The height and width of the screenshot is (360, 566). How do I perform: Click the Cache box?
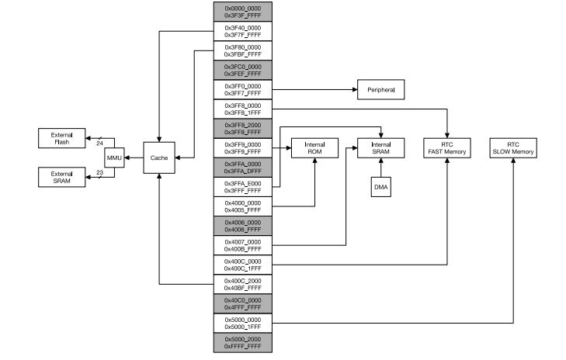tap(158, 157)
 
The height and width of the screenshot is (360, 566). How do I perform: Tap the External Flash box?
tap(61, 138)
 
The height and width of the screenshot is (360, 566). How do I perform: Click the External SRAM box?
tap(61, 177)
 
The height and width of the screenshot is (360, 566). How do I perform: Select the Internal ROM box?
tap(314, 147)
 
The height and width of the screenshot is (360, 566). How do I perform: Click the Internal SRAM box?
tap(381, 147)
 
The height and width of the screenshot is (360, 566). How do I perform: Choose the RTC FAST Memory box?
tap(448, 147)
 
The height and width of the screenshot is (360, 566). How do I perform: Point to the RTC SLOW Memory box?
tap(513, 147)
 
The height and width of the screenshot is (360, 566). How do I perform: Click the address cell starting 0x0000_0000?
tap(242, 11)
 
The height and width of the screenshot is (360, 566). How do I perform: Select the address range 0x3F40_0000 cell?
tap(242, 30)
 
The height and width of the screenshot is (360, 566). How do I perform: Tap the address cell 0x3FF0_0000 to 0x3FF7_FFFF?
tap(242, 89)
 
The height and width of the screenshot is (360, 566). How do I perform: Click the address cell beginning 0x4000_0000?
tap(242, 206)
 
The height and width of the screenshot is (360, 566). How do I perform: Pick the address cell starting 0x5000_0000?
tap(242, 323)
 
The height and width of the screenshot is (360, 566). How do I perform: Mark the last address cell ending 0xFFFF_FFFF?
tap(242, 342)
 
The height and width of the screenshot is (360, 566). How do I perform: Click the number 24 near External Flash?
tap(99, 143)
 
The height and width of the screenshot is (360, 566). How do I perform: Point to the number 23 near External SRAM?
tap(99, 172)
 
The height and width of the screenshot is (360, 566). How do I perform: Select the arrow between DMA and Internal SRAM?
tap(381, 167)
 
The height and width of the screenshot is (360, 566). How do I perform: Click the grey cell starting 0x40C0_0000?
tap(242, 303)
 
